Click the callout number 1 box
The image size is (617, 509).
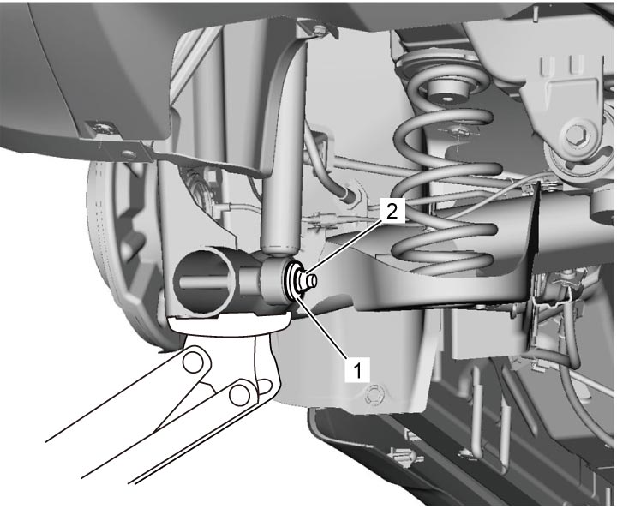click(357, 369)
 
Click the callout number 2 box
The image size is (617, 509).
click(392, 213)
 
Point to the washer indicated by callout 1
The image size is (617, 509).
click(291, 280)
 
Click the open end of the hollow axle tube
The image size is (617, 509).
click(201, 280)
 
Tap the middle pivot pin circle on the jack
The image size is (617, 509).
click(239, 394)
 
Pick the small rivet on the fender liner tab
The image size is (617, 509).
click(127, 153)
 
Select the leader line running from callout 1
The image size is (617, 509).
click(322, 327)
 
